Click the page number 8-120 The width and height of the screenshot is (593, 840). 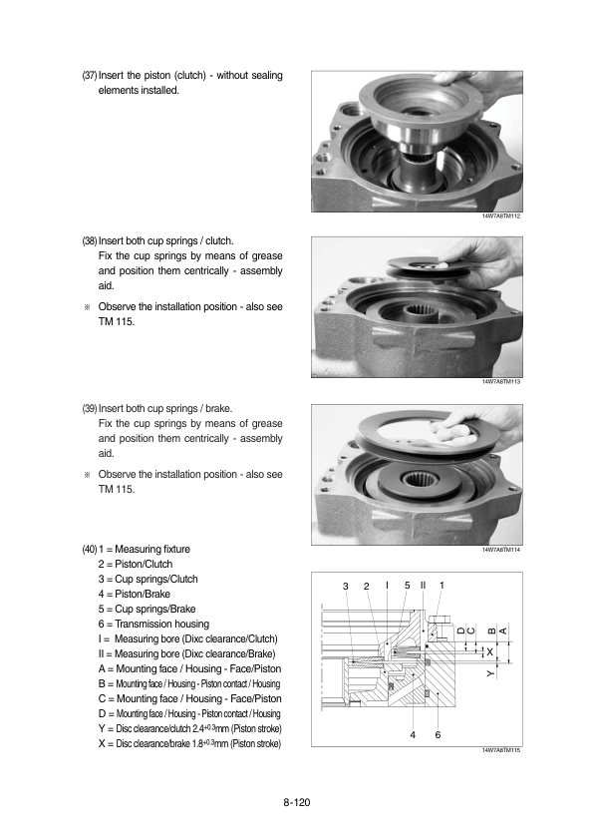[296, 800]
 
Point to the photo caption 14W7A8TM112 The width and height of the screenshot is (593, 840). [501, 216]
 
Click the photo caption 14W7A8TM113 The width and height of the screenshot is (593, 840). [501, 381]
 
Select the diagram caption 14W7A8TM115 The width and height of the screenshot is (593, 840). [501, 749]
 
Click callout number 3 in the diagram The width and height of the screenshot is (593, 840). [346, 585]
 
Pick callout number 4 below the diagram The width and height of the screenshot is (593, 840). [412, 735]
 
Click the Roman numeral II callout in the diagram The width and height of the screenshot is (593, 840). [424, 585]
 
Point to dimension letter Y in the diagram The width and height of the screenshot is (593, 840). [490, 674]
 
